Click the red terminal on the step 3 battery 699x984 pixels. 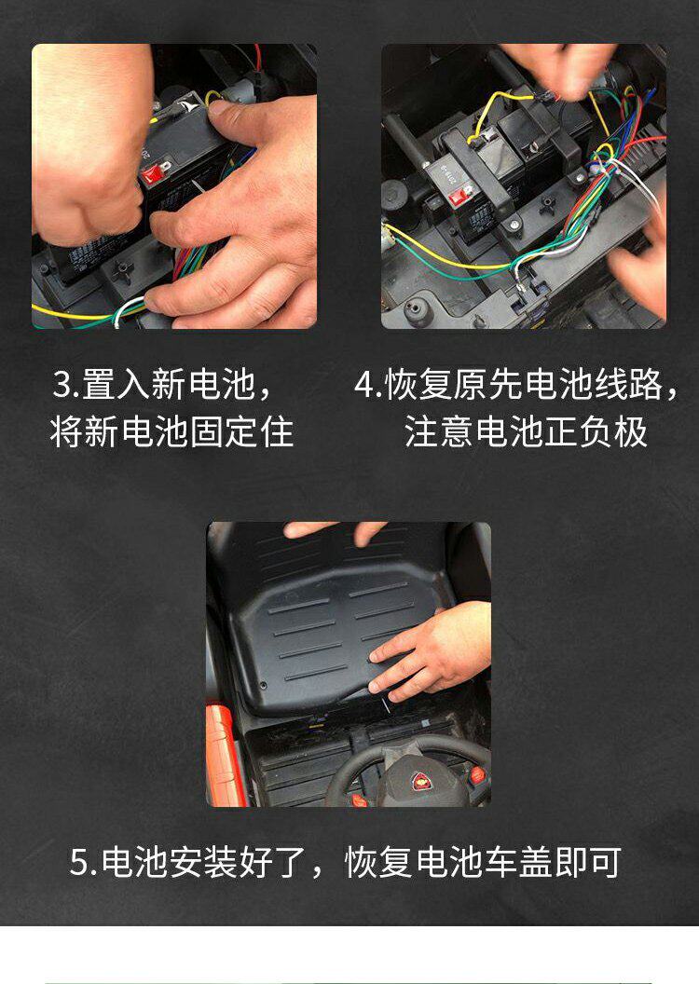point(155,173)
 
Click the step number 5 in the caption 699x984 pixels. point(80,862)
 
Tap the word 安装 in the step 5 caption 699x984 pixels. point(205,862)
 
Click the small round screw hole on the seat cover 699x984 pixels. point(264,685)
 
